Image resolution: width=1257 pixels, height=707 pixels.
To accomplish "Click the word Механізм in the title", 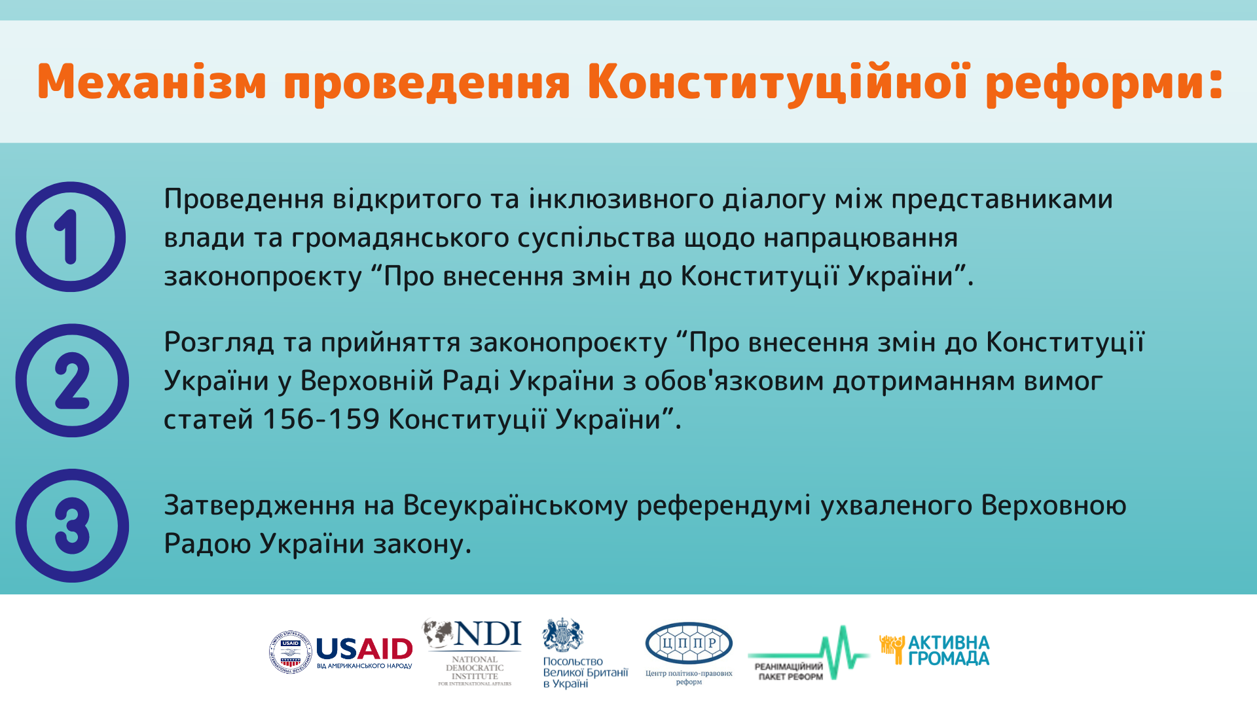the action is [x=152, y=83].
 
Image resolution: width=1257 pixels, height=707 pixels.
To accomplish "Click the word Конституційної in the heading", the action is [x=778, y=82].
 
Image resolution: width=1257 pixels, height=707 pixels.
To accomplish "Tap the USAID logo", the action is [x=341, y=652].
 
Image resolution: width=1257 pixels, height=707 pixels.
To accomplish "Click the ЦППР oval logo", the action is [x=689, y=643].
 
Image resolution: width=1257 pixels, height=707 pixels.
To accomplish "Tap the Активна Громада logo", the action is [x=934, y=650].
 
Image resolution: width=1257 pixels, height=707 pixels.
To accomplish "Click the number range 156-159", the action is [x=321, y=420].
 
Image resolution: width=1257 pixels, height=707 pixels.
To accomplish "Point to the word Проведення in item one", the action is [x=244, y=199].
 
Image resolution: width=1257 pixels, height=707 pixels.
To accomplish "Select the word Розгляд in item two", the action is [x=219, y=343].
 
